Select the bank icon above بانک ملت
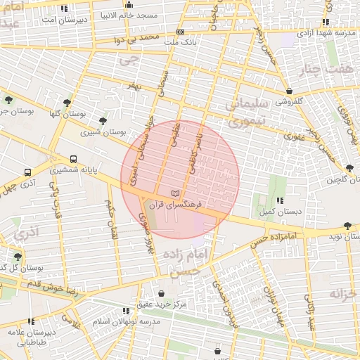[x=181, y=32]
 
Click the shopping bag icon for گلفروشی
[x=289, y=90]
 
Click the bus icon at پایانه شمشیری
[x=74, y=159]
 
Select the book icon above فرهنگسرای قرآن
[x=175, y=193]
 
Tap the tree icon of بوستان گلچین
[x=349, y=167]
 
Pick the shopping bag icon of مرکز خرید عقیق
[x=161, y=294]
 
